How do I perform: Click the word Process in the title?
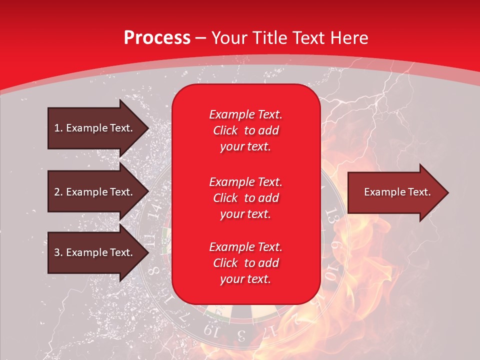coord(157,38)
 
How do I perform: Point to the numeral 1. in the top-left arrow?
coord(58,128)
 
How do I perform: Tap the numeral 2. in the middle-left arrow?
coord(58,192)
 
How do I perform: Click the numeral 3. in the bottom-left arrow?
coord(58,252)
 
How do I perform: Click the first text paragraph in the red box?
coord(245,130)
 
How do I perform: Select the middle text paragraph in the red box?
coord(245,197)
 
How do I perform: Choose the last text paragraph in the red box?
coord(245,263)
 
